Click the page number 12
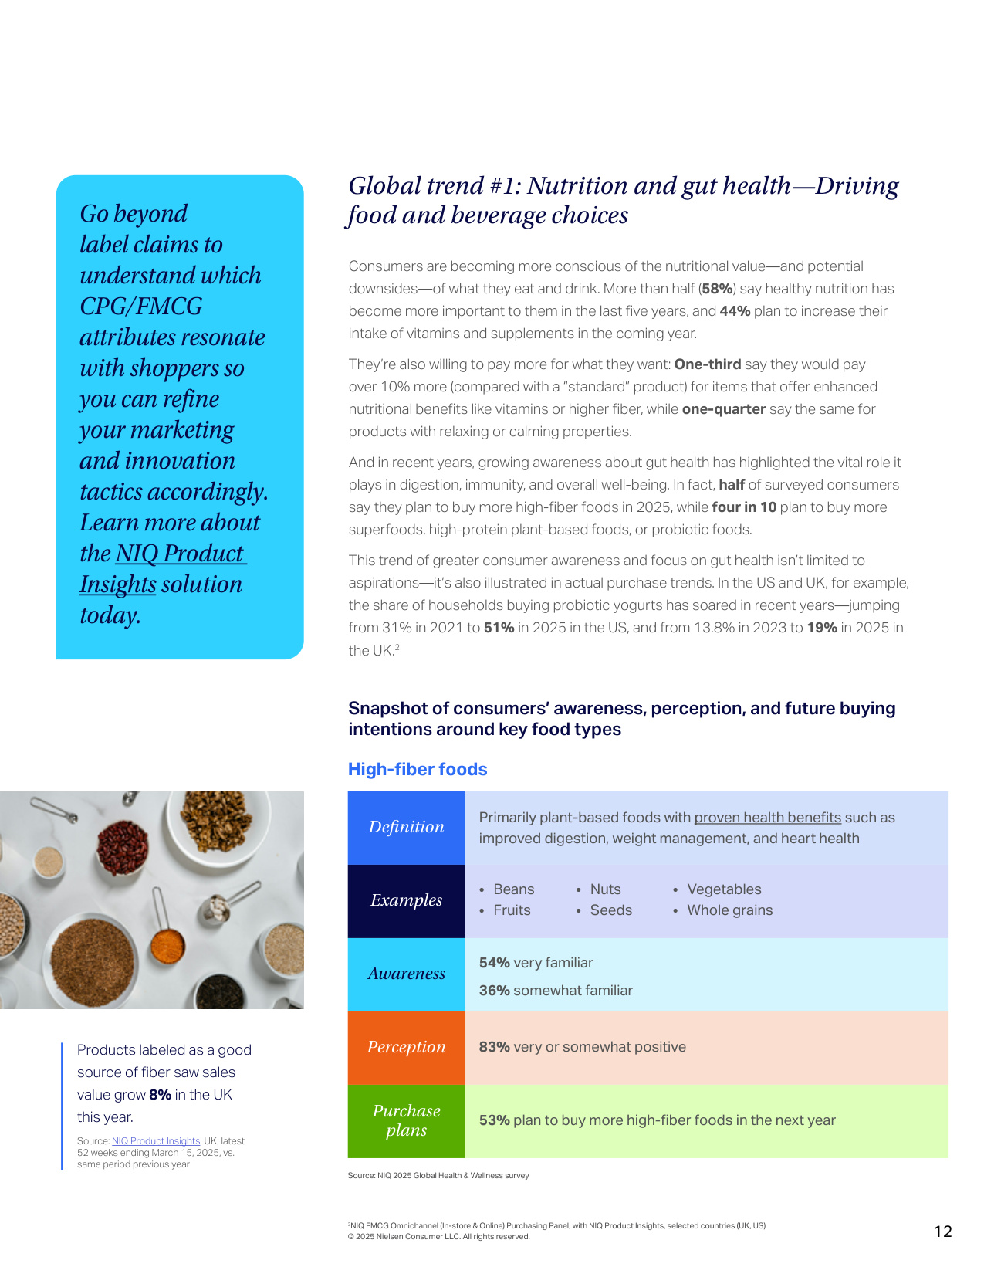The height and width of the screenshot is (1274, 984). (x=943, y=1232)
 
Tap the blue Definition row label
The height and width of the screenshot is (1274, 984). (x=406, y=827)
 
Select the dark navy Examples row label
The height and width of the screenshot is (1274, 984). (x=406, y=900)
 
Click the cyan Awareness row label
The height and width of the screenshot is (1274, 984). (x=406, y=974)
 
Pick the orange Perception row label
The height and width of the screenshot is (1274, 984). (x=406, y=1047)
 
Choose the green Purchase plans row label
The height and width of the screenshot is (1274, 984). (x=406, y=1120)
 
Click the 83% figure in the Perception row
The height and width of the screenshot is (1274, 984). (x=495, y=1047)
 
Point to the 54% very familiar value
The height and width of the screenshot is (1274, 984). (x=495, y=963)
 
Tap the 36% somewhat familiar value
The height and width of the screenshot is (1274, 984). (x=495, y=991)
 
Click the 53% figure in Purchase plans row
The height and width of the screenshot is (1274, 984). (x=495, y=1120)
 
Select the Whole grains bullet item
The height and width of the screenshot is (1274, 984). (x=729, y=910)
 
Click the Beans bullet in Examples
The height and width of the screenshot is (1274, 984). (x=513, y=889)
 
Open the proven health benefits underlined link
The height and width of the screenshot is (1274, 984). (x=767, y=818)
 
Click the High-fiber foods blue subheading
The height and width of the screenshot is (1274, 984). (x=418, y=769)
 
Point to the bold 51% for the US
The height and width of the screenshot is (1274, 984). (x=499, y=628)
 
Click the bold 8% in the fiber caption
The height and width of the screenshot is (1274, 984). (x=160, y=1095)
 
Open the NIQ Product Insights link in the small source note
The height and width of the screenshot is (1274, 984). (x=156, y=1141)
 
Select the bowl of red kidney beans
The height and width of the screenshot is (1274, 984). (x=123, y=844)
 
